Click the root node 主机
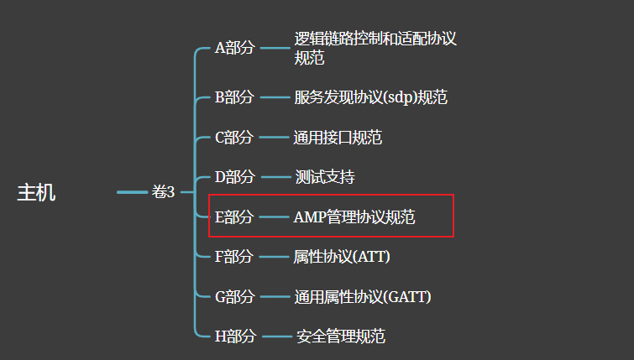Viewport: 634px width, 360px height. [36, 193]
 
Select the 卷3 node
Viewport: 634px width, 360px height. [163, 193]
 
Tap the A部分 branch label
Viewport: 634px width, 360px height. [234, 48]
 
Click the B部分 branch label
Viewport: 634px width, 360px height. [234, 97]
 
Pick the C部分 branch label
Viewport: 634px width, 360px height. [234, 138]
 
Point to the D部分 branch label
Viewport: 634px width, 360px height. [234, 177]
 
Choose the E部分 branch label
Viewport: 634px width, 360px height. [234, 217]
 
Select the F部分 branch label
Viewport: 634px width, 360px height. [234, 257]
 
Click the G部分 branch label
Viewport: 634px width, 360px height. [234, 296]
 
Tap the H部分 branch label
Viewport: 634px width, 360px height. [234, 337]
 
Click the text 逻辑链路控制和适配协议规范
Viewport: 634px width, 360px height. [375, 48]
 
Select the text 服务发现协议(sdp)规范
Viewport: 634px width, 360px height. [370, 97]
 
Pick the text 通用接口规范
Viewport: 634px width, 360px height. [338, 138]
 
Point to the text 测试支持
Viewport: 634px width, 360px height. [325, 177]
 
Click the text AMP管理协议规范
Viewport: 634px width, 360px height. [354, 217]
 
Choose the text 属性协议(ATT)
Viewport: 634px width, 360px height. [342, 257]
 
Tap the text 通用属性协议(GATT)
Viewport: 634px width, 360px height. [362, 296]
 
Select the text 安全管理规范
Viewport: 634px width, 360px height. [340, 337]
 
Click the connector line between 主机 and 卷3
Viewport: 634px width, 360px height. [132, 193]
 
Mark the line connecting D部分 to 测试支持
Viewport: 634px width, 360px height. [274, 177]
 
